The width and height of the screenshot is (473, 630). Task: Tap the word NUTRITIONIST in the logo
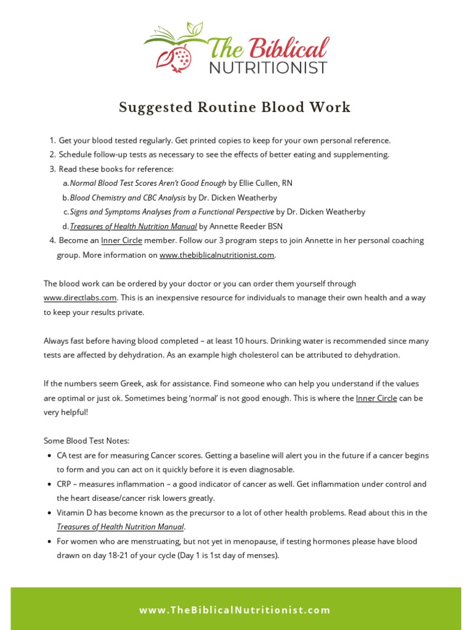tap(269, 67)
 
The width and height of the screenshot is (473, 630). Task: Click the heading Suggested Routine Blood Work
tap(235, 108)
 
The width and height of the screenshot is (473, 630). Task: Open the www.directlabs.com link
tap(81, 298)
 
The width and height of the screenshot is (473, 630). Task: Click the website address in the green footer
tap(235, 610)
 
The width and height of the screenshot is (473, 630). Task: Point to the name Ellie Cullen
tap(259, 183)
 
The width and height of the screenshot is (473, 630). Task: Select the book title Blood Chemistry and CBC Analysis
tap(127, 197)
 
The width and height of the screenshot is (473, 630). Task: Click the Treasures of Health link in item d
tap(134, 226)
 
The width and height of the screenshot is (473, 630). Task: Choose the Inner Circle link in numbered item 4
tap(121, 241)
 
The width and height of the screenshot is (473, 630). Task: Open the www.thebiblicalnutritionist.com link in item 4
tap(217, 255)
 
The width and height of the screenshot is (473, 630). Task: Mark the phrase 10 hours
tap(250, 341)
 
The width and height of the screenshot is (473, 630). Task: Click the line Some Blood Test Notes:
tap(87, 441)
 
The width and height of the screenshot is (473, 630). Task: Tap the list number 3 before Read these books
tap(52, 169)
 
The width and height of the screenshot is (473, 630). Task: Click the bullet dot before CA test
tap(49, 456)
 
